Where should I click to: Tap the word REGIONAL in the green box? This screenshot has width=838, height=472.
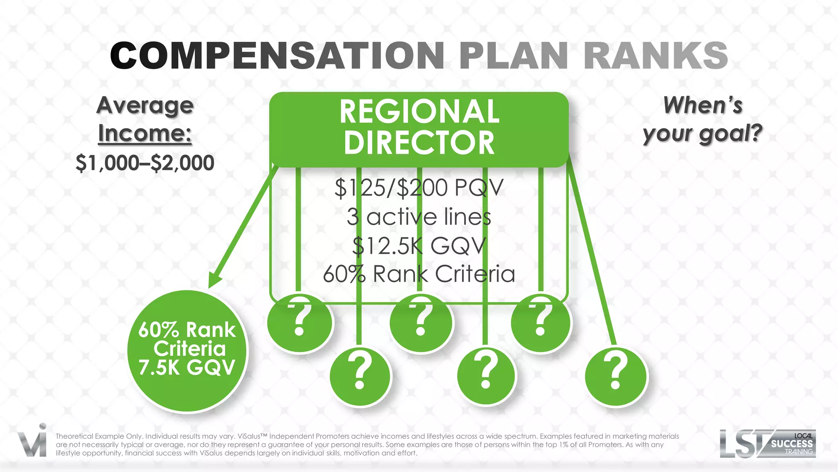coord(419,111)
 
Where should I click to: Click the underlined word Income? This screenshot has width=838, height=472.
coord(145,133)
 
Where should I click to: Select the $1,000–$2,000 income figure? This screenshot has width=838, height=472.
coord(145,163)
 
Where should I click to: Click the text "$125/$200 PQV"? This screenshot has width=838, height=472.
coord(419,188)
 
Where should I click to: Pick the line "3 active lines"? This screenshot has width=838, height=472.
coord(419,217)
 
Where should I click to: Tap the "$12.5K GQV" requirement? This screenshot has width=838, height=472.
coord(419,246)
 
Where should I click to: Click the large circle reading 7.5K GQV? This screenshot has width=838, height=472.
coord(187,350)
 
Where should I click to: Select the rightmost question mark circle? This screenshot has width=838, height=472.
coord(616,376)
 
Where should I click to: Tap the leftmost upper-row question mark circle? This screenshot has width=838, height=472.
coord(300,322)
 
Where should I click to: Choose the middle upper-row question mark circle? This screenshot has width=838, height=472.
coord(421,322)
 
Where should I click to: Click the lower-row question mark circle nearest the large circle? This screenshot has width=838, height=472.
coord(360,376)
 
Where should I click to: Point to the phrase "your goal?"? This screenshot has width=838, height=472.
coord(703,134)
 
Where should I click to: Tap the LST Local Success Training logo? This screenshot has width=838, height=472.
coord(768,444)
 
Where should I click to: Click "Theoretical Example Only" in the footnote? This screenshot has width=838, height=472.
coord(99,436)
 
